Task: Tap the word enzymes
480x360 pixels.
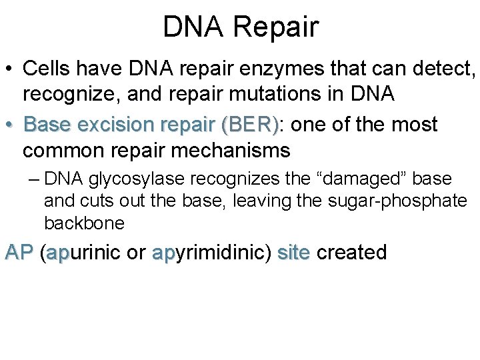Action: [266, 69]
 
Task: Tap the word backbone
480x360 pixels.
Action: [84, 223]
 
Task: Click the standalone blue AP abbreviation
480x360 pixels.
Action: [19, 253]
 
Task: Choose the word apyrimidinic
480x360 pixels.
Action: [211, 253]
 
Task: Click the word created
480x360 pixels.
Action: [352, 253]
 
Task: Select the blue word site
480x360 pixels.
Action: [293, 253]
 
